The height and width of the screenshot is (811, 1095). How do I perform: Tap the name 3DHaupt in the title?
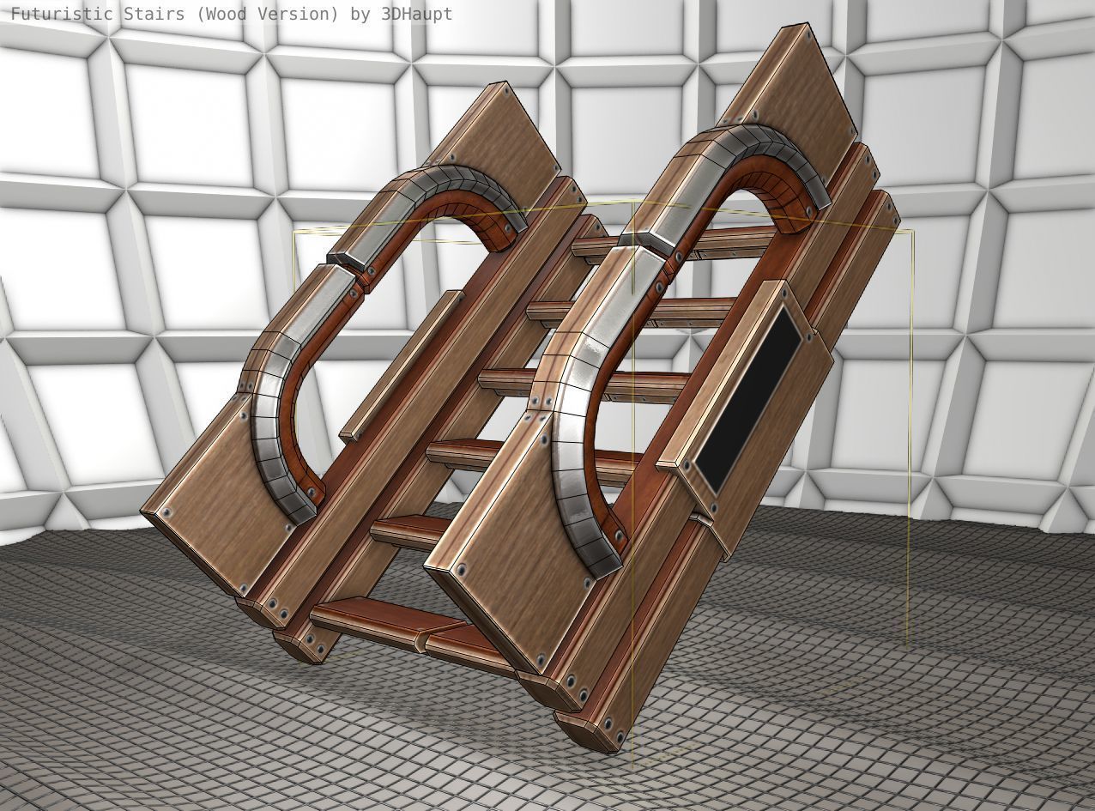tap(416, 14)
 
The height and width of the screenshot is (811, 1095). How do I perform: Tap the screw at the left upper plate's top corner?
tap(506, 88)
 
